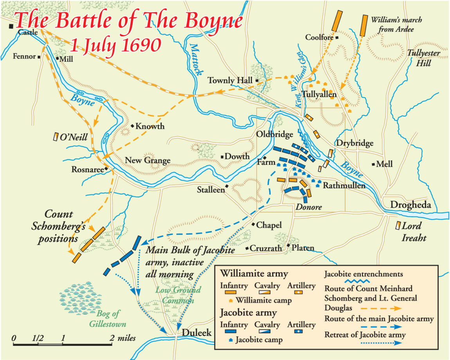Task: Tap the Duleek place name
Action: click(197, 333)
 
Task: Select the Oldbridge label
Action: click(274, 134)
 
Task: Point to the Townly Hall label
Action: click(230, 81)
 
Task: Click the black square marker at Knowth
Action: click(133, 126)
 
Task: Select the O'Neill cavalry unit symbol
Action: click(56, 137)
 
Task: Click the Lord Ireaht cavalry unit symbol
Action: click(398, 226)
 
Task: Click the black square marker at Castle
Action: click(11, 26)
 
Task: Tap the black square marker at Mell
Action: click(374, 164)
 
